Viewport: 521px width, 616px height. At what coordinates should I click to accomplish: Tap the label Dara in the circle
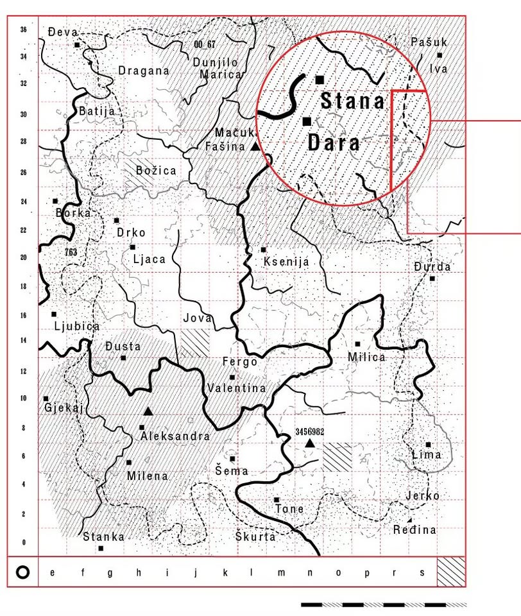point(334,142)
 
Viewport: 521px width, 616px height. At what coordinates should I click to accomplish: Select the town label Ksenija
point(286,262)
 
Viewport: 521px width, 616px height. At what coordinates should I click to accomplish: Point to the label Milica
point(366,357)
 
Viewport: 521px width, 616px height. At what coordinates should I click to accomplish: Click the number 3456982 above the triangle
point(309,432)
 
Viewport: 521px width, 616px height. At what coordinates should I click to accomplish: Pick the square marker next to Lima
point(428,444)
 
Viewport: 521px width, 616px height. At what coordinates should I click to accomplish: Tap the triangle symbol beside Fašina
point(255,147)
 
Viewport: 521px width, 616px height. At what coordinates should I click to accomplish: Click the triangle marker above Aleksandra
point(148,411)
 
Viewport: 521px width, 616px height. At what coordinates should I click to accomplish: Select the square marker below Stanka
point(101,548)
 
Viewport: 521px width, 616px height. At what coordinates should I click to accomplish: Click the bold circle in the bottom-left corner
point(22,572)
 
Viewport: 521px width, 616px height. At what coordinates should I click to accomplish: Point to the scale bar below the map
point(384,604)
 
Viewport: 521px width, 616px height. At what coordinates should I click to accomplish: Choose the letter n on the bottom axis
point(309,573)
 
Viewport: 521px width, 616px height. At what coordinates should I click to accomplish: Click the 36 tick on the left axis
point(24,30)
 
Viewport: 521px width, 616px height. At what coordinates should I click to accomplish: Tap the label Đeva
point(62,31)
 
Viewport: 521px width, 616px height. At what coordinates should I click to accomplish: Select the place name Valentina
point(237,388)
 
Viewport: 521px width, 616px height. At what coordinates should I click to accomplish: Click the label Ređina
point(415,530)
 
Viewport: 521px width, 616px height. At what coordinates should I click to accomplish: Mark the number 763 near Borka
point(71,252)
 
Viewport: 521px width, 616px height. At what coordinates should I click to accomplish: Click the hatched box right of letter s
point(451,572)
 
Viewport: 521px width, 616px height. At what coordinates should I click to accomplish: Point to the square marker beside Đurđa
point(432,278)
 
